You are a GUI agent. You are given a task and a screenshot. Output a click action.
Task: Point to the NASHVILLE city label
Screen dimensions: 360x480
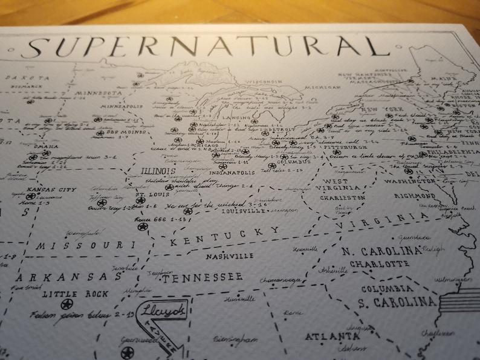tap(229, 256)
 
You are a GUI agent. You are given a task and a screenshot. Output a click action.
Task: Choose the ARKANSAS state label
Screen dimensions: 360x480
tap(69, 277)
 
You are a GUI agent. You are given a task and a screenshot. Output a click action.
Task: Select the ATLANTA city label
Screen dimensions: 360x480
tap(328, 336)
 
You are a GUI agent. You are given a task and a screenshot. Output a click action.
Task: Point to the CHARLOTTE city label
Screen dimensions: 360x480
tap(379, 264)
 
